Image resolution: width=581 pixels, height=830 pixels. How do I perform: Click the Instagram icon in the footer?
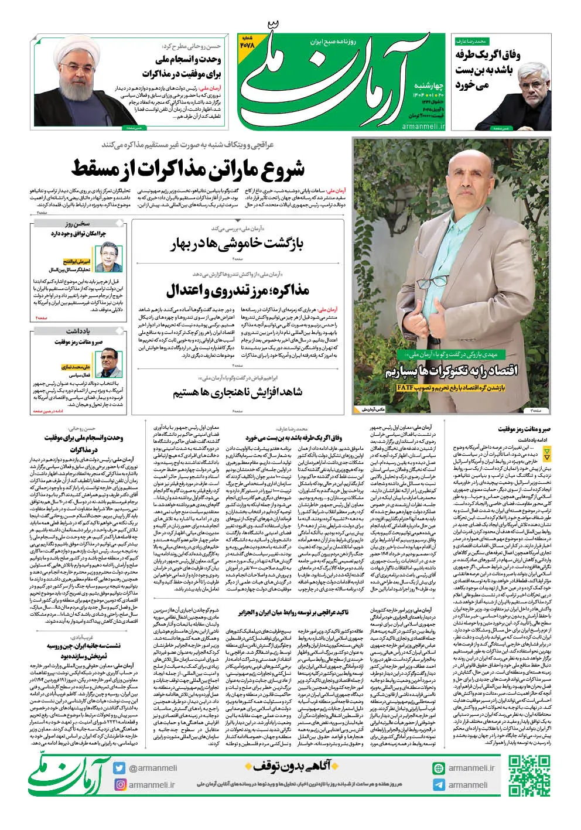pos(120,785)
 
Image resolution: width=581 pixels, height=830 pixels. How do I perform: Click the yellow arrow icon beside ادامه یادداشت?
pos(547,453)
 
